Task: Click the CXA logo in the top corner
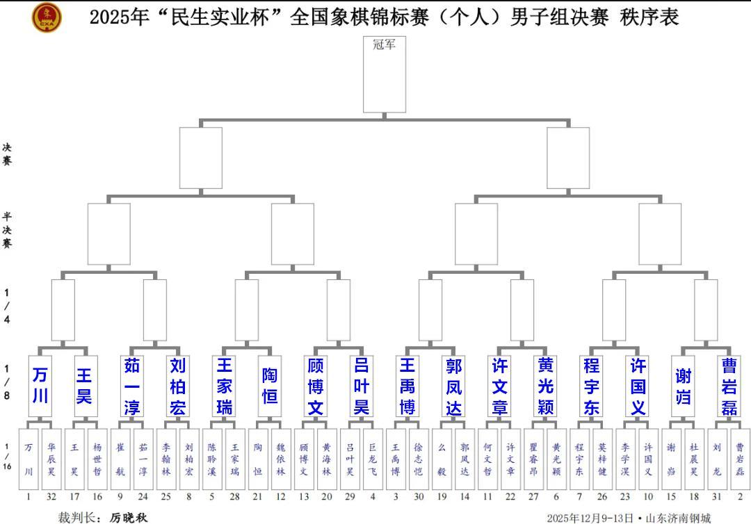coord(47,17)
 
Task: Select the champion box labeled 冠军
coord(385,74)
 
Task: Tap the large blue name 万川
coord(40,385)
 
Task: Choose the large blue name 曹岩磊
coord(729,385)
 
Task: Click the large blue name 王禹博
coord(407,385)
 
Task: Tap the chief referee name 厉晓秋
coord(129,518)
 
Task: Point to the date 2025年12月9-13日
coord(590,518)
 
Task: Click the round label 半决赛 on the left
coord(7,229)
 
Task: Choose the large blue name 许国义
coord(638,385)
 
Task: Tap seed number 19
coord(442,498)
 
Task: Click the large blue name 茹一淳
coord(132,385)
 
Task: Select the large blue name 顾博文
coord(316,385)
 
